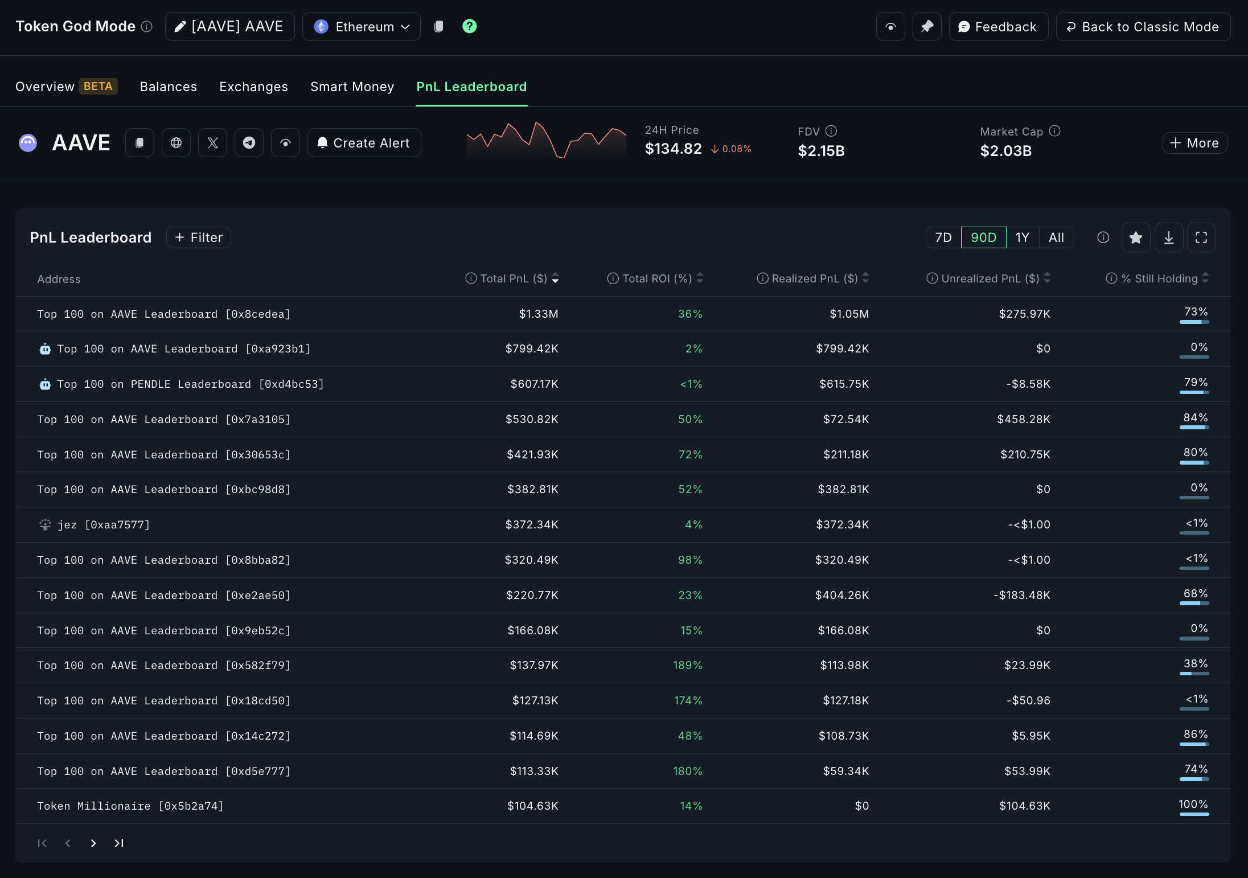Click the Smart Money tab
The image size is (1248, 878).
[352, 87]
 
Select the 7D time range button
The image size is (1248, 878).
[943, 237]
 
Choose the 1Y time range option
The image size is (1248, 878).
[1022, 237]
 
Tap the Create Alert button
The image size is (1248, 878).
[364, 143]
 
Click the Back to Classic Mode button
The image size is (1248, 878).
[1143, 27]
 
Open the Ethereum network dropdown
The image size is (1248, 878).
[361, 27]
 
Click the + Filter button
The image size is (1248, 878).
[198, 237]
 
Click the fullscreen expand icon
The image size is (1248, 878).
[1201, 237]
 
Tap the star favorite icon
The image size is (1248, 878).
[1135, 237]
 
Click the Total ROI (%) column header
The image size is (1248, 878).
[656, 278]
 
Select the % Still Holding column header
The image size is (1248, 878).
[1159, 278]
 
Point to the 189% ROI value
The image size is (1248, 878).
[687, 665]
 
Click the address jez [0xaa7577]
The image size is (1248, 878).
[103, 524]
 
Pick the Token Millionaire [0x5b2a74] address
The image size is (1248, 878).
[130, 806]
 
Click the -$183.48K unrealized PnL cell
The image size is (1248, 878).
[1021, 595]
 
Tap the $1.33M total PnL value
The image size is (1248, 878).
[538, 314]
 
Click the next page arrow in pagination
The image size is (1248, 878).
[93, 843]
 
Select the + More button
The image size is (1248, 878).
[1194, 143]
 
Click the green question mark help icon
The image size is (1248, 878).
[469, 26]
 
